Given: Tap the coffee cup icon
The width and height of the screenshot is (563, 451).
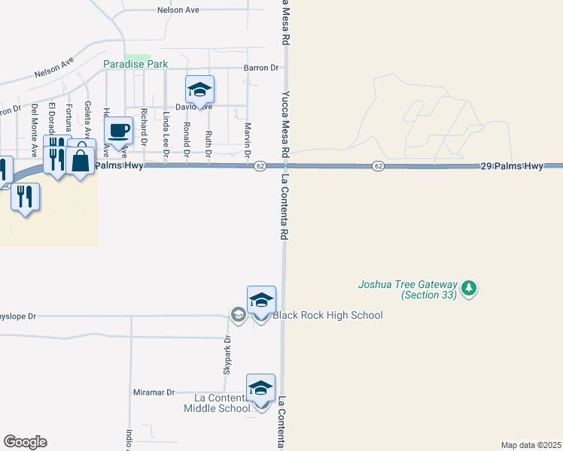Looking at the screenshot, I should pyautogui.click(x=118, y=130).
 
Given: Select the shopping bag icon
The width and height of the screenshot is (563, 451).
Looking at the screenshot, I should pyautogui.click(x=80, y=160).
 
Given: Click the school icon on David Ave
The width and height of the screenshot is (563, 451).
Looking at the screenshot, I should pyautogui.click(x=199, y=89).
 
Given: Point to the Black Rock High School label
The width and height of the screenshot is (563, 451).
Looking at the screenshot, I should pyautogui.click(x=327, y=315).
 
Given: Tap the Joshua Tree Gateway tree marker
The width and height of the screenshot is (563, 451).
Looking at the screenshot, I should pyautogui.click(x=470, y=288).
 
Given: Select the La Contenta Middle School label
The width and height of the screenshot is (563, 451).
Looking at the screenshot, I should pyautogui.click(x=218, y=403).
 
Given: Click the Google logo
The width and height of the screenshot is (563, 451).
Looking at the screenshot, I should pyautogui.click(x=25, y=442).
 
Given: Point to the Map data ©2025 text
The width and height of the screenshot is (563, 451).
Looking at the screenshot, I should pyautogui.click(x=531, y=445).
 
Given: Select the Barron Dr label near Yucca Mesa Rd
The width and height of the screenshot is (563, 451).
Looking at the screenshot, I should pyautogui.click(x=261, y=68).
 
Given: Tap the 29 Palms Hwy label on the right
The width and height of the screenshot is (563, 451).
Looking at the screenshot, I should pyautogui.click(x=512, y=165).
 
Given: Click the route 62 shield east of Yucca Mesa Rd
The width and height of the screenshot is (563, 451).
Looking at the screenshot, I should pyautogui.click(x=378, y=165).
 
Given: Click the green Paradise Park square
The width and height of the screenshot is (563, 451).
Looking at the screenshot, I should pyautogui.click(x=138, y=58).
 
